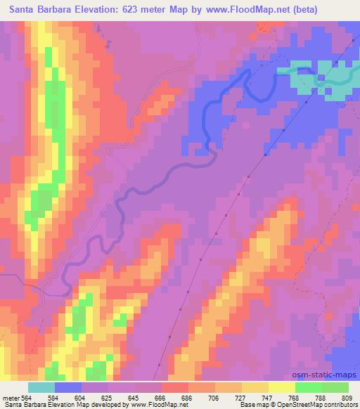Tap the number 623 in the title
(144, 10)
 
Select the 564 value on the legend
(27, 397)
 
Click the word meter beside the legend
(10, 397)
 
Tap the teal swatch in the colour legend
(42, 387)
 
